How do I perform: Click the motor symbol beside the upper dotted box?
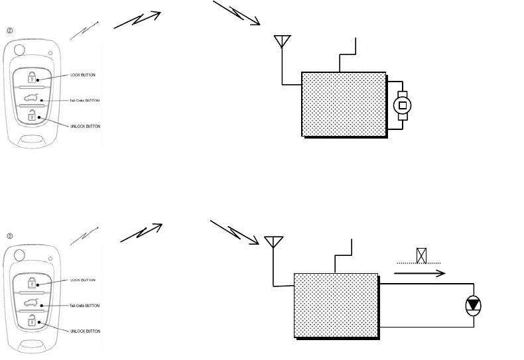coord(402,104)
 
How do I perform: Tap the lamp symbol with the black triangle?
coord(473,305)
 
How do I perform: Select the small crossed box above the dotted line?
coord(421,255)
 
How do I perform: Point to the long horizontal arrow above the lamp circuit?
coord(421,272)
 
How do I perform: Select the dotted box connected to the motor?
coord(344,104)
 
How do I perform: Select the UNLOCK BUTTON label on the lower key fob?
coord(84,330)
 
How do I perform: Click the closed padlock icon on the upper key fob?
coord(31,76)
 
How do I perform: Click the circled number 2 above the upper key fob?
coord(9,30)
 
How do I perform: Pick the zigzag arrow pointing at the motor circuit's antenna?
coord(236,15)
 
